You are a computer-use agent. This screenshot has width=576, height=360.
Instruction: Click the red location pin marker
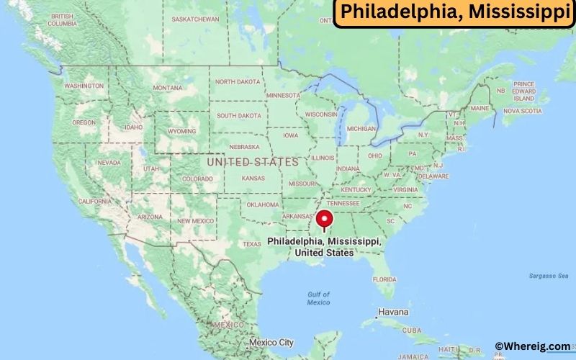(325, 220)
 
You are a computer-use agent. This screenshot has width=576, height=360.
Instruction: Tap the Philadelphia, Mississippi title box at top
(454, 13)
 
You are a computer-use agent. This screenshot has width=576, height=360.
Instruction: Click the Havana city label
(393, 312)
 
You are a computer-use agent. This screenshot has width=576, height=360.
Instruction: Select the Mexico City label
(271, 342)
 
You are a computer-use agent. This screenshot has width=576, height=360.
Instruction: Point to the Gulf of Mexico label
(318, 298)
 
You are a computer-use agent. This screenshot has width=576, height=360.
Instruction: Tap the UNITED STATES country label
(251, 162)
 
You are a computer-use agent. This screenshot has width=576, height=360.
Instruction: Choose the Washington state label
(84, 86)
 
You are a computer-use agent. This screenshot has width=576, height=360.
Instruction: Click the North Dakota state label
(238, 81)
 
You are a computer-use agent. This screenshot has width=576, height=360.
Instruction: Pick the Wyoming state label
(181, 132)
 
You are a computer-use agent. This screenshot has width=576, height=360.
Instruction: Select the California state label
(94, 201)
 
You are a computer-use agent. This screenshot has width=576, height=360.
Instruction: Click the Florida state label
(384, 279)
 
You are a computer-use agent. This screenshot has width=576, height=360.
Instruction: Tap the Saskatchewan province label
(197, 18)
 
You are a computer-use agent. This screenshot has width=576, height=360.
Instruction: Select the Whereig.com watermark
(533, 347)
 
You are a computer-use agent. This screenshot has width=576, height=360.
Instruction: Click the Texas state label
(252, 244)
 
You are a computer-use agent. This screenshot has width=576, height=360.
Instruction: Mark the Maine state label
(480, 109)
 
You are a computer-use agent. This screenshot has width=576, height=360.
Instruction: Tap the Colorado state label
(197, 179)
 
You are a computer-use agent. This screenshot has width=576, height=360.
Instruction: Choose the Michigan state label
(361, 128)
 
